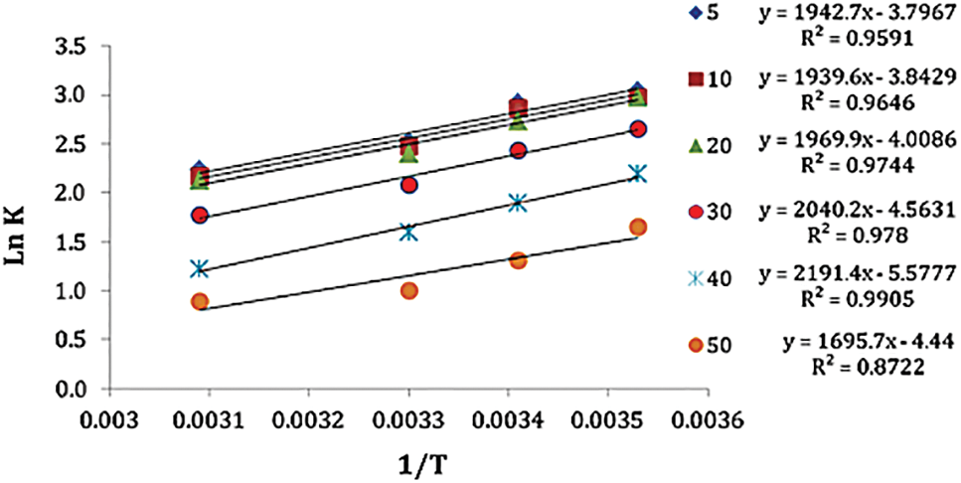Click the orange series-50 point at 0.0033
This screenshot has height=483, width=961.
pos(408,290)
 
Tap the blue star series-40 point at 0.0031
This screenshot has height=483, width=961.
pos(200,268)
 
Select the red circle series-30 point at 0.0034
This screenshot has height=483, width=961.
pos(518,150)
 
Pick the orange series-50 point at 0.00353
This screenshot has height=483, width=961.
pos(638,228)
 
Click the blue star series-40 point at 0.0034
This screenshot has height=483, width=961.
pos(518,203)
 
